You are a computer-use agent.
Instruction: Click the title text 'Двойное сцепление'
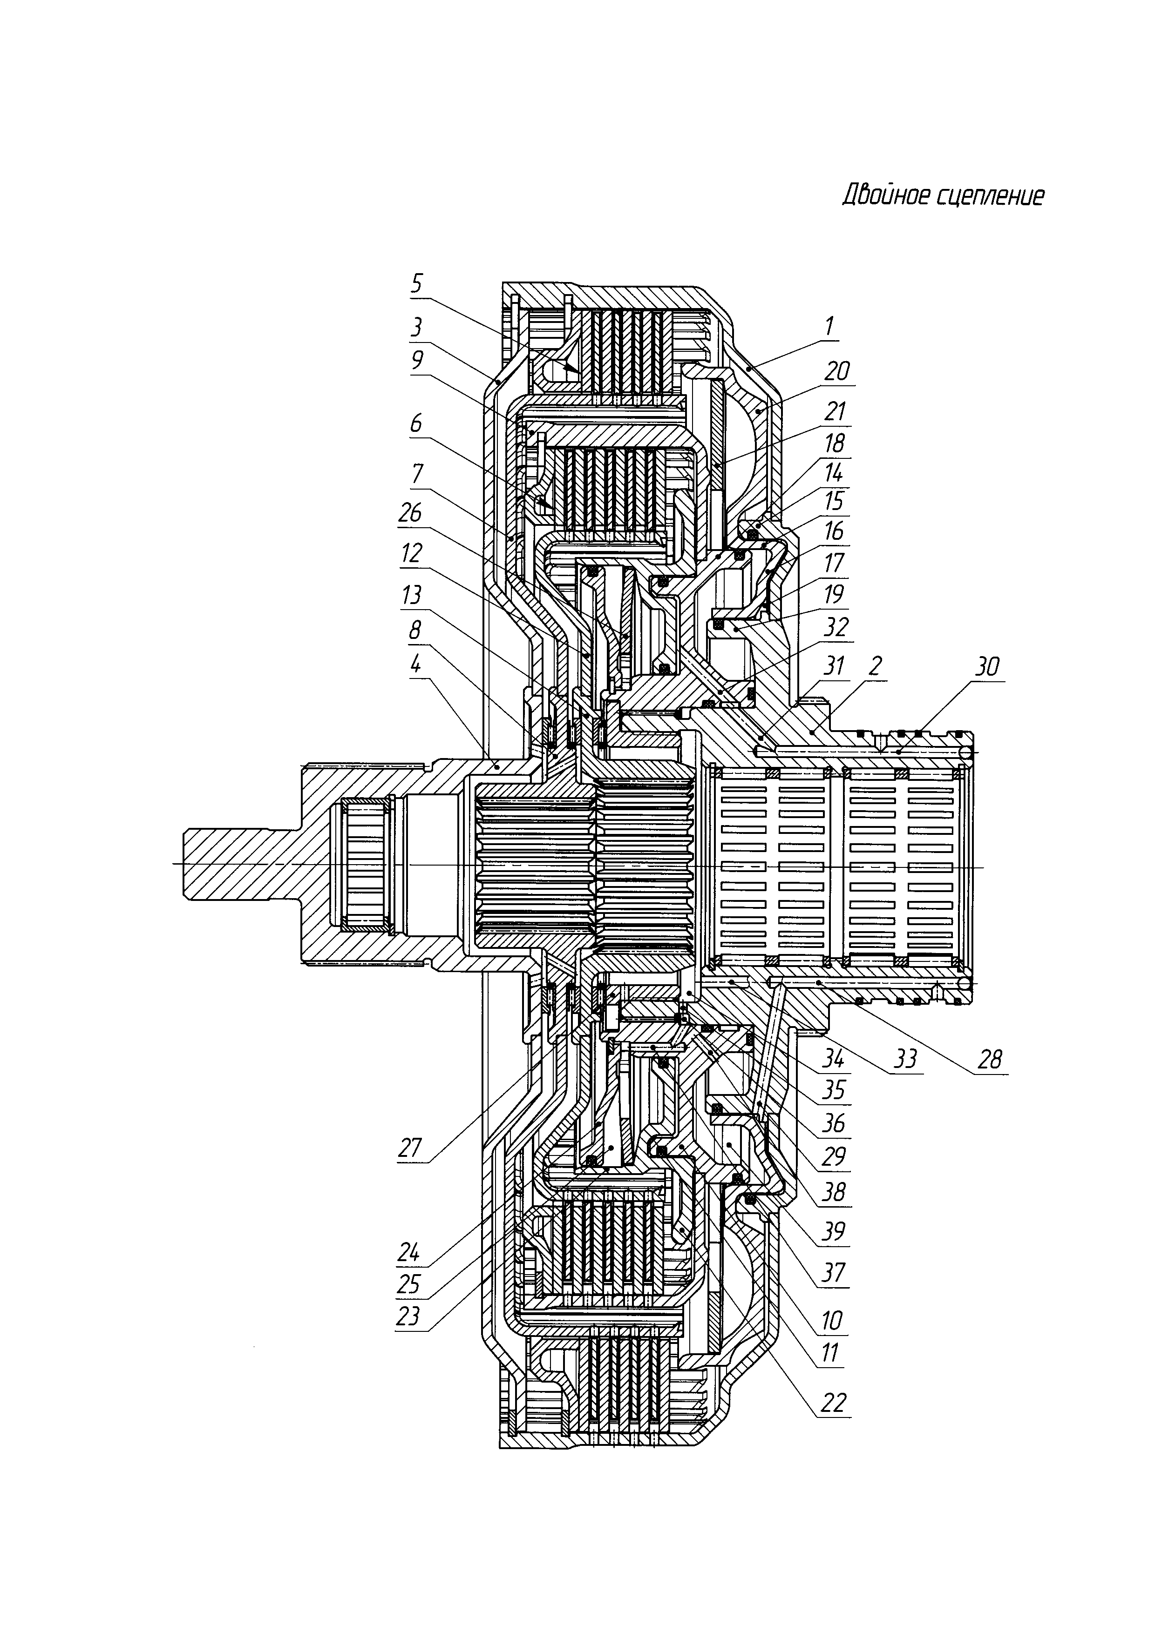pos(944,195)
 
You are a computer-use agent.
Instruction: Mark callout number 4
pos(415,665)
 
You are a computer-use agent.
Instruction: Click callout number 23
pos(408,1317)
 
